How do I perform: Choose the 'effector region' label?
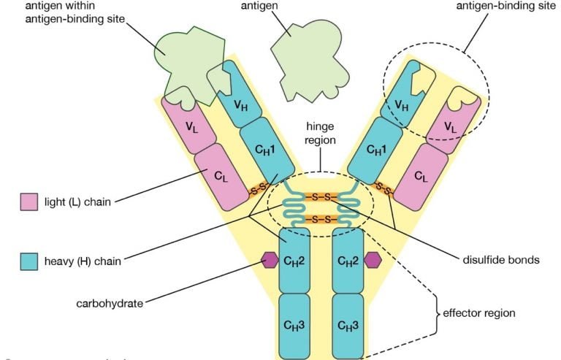(479, 313)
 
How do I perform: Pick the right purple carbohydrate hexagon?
(374, 259)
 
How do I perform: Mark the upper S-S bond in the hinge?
(321, 197)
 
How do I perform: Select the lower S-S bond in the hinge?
(321, 219)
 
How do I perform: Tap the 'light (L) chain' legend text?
(77, 202)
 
